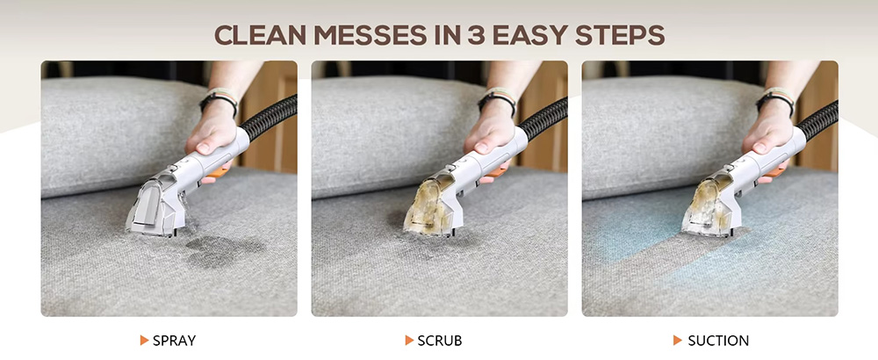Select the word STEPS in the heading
[x=621, y=35]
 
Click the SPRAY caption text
[x=174, y=341]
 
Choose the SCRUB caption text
[x=440, y=341]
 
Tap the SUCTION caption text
[x=718, y=341]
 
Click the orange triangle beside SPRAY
[x=144, y=341]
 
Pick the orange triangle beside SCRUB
[x=409, y=341]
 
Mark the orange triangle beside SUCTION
[x=678, y=341]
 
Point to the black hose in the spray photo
[x=269, y=119]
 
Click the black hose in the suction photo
[x=818, y=120]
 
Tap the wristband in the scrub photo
[x=498, y=101]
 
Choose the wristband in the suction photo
[x=775, y=101]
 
